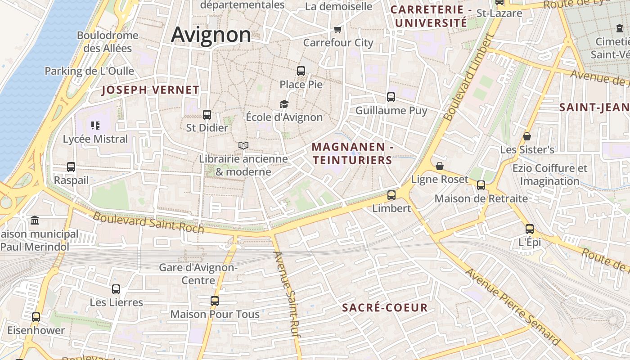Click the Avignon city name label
pyautogui.click(x=211, y=35)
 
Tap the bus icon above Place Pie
pyautogui.click(x=301, y=71)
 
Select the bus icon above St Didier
pyautogui.click(x=207, y=115)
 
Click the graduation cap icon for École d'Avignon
pyautogui.click(x=284, y=104)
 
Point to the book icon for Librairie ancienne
pyautogui.click(x=243, y=146)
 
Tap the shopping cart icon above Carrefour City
pyautogui.click(x=338, y=30)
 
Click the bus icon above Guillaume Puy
pyautogui.click(x=391, y=97)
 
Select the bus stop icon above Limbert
pyautogui.click(x=391, y=195)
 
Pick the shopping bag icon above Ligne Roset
pyautogui.click(x=440, y=166)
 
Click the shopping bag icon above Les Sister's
pyautogui.click(x=527, y=136)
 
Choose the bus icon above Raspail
pyautogui.click(x=71, y=167)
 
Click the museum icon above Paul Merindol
pyautogui.click(x=35, y=220)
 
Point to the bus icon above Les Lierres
pyautogui.click(x=116, y=289)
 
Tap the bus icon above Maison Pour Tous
pyautogui.click(x=215, y=301)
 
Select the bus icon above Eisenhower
pyautogui.click(x=36, y=317)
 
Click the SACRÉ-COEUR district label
pyautogui.click(x=385, y=308)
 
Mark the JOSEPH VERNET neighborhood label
pyautogui.click(x=150, y=90)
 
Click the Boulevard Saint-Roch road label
pyautogui.click(x=148, y=223)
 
